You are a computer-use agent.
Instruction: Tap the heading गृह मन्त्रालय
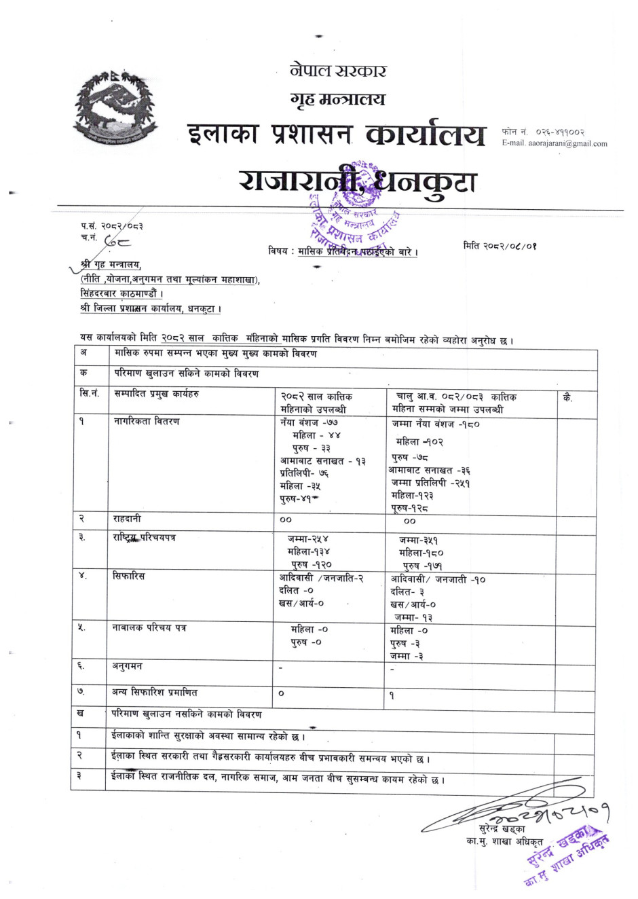(337, 99)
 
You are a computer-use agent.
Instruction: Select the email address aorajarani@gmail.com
(567, 143)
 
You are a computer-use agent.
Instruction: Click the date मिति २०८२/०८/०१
(500, 246)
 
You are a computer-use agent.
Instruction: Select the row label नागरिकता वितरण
(146, 422)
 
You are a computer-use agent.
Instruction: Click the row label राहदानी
(127, 519)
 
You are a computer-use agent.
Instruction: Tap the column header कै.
(567, 398)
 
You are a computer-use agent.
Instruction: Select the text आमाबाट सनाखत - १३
(322, 461)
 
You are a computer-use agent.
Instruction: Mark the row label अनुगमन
(127, 667)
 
